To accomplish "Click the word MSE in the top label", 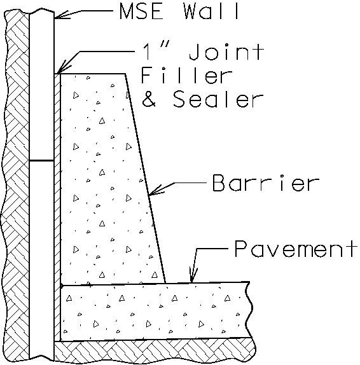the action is pyautogui.click(x=141, y=11).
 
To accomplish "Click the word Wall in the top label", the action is pyautogui.click(x=211, y=11).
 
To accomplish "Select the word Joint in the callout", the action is pyautogui.click(x=226, y=52).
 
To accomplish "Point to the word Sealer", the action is pyautogui.click(x=218, y=99).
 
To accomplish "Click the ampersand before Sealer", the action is pyautogui.click(x=149, y=99).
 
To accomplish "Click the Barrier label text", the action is pyautogui.click(x=266, y=183).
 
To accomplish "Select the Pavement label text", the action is pyautogui.click(x=296, y=249).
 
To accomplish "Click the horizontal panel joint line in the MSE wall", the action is pyautogui.click(x=42, y=161).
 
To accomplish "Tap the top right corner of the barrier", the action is pyautogui.click(x=125, y=74).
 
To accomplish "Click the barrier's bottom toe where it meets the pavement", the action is pyautogui.click(x=165, y=283).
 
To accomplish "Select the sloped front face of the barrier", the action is pyautogui.click(x=145, y=179).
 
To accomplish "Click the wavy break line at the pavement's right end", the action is pyautogui.click(x=249, y=310).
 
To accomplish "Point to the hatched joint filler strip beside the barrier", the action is pyautogui.click(x=57, y=207).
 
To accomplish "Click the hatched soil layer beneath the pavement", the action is pyautogui.click(x=154, y=350).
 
